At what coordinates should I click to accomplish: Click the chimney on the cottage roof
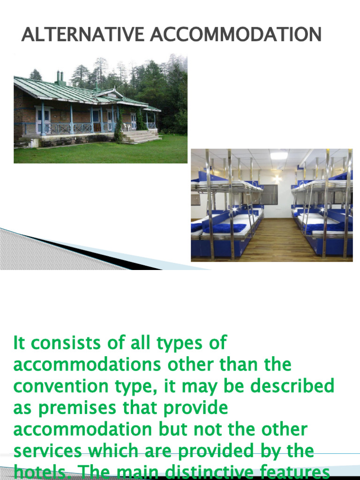tap(60, 77)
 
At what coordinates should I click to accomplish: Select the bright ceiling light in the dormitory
tap(278, 156)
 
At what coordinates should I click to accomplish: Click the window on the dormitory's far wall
tap(269, 194)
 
